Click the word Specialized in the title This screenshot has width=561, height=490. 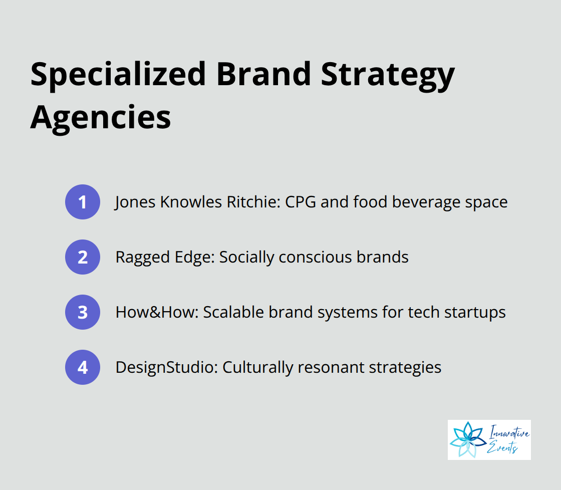118,75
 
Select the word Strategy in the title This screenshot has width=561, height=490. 388,76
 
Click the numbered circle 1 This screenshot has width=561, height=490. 83,202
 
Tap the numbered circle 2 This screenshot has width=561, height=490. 83,257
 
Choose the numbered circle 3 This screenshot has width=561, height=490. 83,312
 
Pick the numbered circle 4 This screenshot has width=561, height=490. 83,367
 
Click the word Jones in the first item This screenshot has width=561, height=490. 135,202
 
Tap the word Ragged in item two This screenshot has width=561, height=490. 142,258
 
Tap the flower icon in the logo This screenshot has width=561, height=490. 467,439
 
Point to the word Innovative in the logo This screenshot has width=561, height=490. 509,432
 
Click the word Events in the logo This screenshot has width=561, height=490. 502,447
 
